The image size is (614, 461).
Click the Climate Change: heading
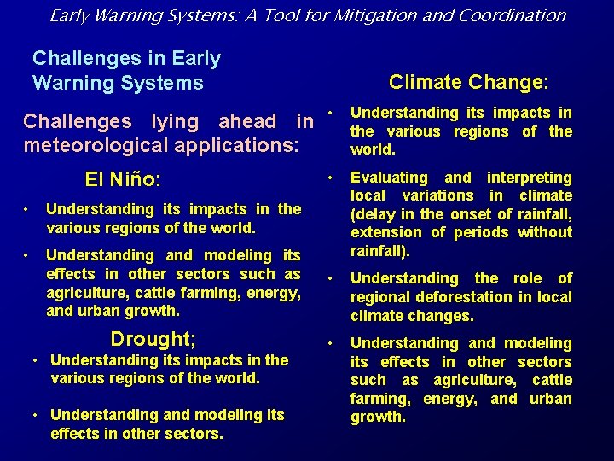point(469,82)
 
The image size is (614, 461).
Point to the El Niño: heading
point(124,180)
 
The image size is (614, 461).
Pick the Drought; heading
point(153,339)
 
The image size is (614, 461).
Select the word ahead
point(247,122)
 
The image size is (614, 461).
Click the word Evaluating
point(389,178)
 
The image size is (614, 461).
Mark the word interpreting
point(529,178)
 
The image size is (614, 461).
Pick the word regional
point(379,297)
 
